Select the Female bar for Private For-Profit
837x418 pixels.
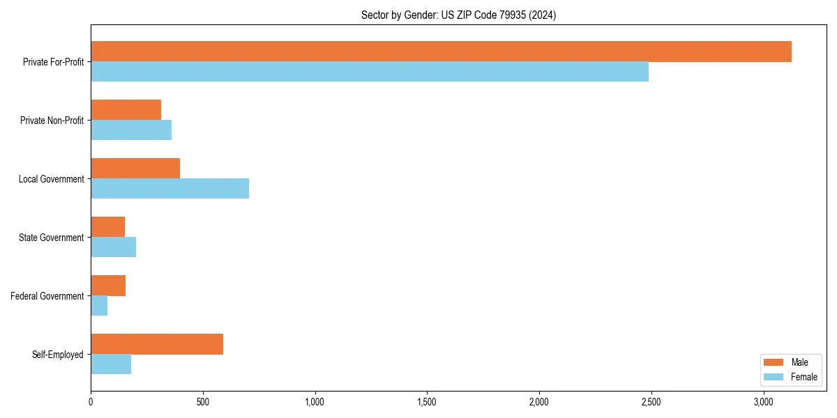point(370,72)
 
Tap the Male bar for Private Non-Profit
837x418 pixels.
point(126,110)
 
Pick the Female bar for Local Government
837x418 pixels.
point(169,189)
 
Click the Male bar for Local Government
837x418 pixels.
point(135,169)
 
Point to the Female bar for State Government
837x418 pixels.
point(113,247)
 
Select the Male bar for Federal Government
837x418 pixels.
point(108,286)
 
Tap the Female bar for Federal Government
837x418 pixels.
point(99,306)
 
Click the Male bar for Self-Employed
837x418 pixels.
point(157,344)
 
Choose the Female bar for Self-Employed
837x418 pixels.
point(111,364)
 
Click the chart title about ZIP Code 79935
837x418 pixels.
point(458,15)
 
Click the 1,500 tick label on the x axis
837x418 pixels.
point(427,402)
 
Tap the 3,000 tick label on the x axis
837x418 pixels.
point(764,402)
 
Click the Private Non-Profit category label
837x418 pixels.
point(52,121)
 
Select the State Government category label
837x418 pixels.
point(51,238)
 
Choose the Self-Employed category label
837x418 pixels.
point(57,355)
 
